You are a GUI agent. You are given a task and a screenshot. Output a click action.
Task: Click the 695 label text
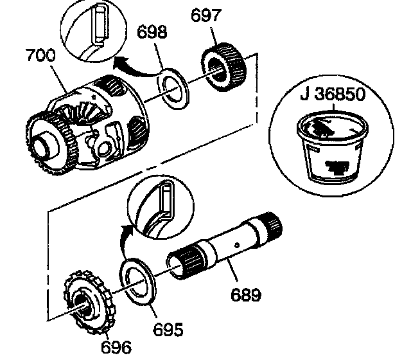[x=170, y=330]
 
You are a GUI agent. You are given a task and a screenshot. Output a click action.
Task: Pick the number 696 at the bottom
[x=116, y=347]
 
